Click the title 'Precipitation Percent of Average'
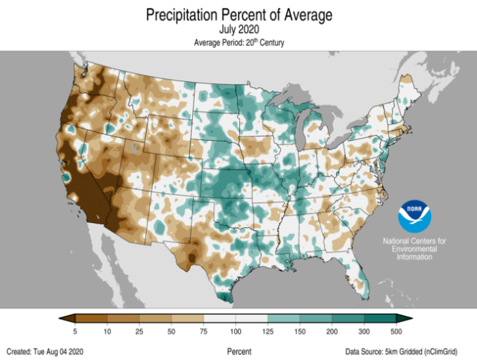click(x=238, y=15)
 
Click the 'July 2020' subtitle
click(x=238, y=30)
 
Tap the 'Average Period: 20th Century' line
click(x=238, y=42)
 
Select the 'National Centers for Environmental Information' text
click(x=414, y=249)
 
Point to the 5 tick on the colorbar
click(x=75, y=330)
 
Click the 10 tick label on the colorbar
click(x=108, y=330)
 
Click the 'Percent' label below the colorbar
click(x=238, y=350)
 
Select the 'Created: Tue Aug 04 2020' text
click(x=47, y=350)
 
